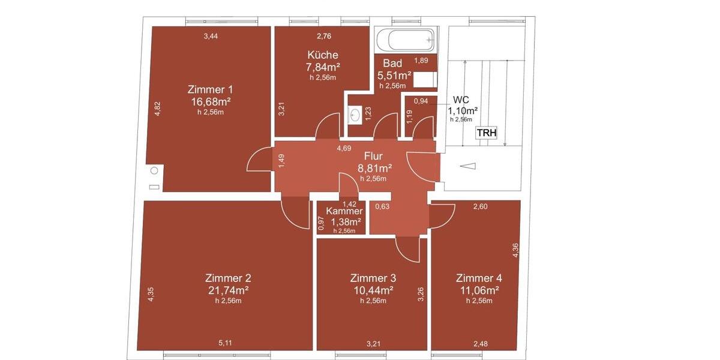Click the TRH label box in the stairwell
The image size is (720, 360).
487,133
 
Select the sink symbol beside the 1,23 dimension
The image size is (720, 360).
355,114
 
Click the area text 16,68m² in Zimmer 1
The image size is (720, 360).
211,101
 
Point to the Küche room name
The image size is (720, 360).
323,55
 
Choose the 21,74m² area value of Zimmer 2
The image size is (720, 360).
228,290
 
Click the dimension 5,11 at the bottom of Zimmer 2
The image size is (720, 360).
225,343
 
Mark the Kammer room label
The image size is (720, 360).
344,211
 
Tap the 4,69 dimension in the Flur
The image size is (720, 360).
344,148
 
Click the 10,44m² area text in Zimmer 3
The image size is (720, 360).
373,290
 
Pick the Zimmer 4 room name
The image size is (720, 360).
479,278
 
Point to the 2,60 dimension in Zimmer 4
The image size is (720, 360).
480,207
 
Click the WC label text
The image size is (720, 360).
461,100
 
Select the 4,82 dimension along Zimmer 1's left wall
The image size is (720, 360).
158,109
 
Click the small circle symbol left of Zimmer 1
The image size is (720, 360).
154,171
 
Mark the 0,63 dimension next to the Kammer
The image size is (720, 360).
382,207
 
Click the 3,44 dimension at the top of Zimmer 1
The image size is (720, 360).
211,37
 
